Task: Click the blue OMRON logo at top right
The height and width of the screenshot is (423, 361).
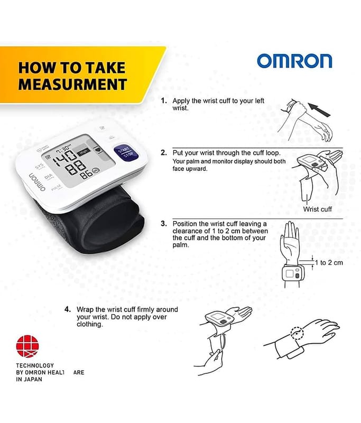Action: pyautogui.click(x=294, y=61)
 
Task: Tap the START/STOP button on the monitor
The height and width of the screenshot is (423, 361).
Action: pyautogui.click(x=126, y=153)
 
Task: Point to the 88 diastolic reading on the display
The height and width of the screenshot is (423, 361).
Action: pyautogui.click(x=77, y=167)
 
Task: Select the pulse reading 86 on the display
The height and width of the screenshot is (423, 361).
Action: pyautogui.click(x=86, y=175)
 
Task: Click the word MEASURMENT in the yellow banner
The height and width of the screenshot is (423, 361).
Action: pyautogui.click(x=72, y=84)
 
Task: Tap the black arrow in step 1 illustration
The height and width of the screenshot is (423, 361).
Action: pyautogui.click(x=319, y=109)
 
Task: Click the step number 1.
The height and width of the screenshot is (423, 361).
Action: pyautogui.click(x=163, y=101)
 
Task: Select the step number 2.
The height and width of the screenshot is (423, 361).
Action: pyautogui.click(x=164, y=153)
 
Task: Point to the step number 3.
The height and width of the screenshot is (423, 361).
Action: pyautogui.click(x=164, y=224)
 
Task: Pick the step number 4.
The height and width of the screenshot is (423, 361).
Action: pyautogui.click(x=68, y=309)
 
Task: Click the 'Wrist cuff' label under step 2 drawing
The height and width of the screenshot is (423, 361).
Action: pyautogui.click(x=317, y=209)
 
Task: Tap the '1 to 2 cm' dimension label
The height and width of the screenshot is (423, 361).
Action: pyautogui.click(x=329, y=262)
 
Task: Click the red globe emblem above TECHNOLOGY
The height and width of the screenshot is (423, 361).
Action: pyautogui.click(x=27, y=346)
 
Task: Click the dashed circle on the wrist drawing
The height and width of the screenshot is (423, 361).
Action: pyautogui.click(x=297, y=333)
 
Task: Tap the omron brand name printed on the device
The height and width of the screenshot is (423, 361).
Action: pyautogui.click(x=36, y=182)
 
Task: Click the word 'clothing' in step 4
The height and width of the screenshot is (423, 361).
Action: pyautogui.click(x=90, y=324)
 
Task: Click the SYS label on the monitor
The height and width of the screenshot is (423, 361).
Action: pyautogui.click(x=39, y=165)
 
